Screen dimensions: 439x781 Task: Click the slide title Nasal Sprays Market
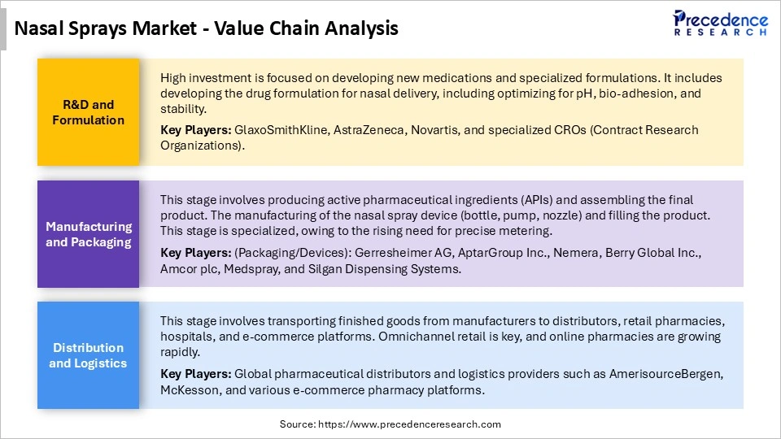pyautogui.click(x=207, y=28)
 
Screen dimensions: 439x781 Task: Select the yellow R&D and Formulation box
pyautogui.click(x=89, y=112)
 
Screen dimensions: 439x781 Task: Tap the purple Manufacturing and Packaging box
pyautogui.click(x=89, y=234)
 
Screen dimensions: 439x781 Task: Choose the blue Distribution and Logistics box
pyautogui.click(x=89, y=355)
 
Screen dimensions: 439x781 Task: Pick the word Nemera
pyautogui.click(x=575, y=253)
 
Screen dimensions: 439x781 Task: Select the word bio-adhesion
pyautogui.click(x=596, y=93)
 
